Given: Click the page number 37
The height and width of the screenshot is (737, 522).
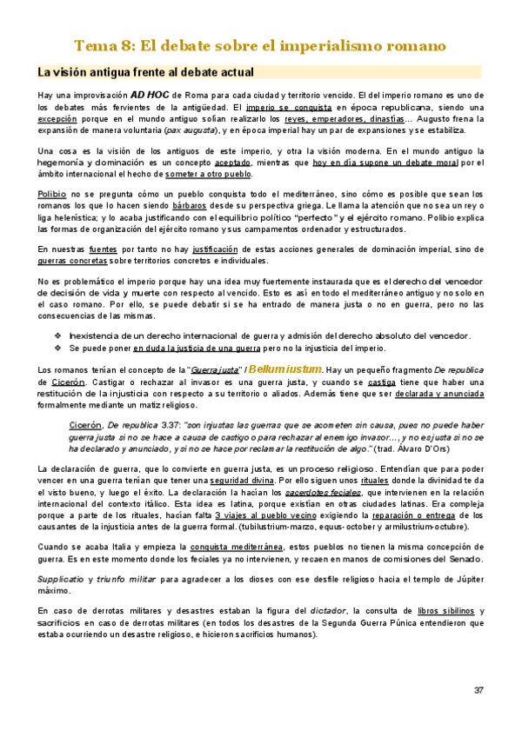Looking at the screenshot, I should click(478, 690).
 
